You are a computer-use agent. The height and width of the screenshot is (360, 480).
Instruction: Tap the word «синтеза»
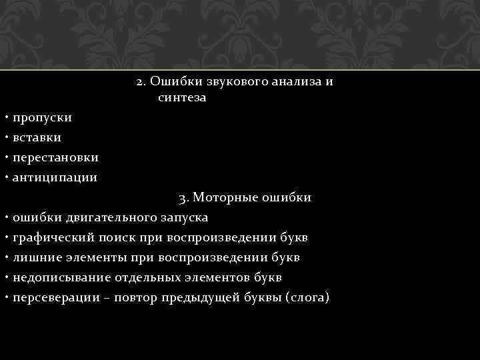point(182,99)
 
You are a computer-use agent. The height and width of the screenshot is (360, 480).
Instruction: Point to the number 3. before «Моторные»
point(185,198)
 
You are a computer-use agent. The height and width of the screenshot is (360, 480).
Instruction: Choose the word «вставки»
point(37,138)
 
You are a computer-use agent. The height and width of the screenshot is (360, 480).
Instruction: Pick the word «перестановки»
point(55,158)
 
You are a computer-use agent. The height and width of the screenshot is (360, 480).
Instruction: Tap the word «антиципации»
point(55,178)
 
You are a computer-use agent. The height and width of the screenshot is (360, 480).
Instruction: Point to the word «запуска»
point(183,218)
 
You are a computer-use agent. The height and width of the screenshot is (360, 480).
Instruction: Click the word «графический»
point(51,238)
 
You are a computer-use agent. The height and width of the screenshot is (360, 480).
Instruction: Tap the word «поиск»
point(112,238)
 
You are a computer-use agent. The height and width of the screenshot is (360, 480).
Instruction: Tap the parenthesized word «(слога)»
point(307,298)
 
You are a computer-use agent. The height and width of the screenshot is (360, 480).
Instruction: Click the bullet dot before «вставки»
point(5,137)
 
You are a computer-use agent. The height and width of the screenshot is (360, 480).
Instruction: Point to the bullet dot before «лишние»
point(5,257)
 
